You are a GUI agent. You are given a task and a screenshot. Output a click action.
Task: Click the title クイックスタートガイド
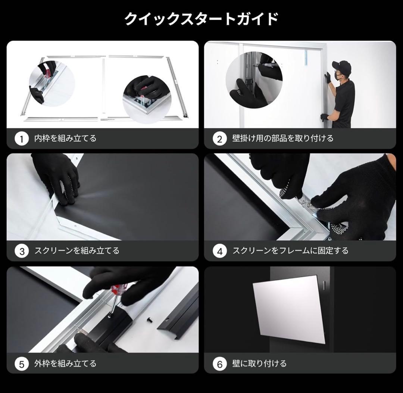coord(201,19)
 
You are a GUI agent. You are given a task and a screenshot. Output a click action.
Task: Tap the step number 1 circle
coord(22,139)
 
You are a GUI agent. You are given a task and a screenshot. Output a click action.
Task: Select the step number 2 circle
coord(219,139)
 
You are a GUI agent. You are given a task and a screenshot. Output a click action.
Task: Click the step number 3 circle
coord(22,251)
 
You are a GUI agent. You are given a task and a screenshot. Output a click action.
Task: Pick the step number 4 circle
coord(219,251)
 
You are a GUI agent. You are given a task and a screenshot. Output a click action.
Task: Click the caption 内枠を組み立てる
coord(65,138)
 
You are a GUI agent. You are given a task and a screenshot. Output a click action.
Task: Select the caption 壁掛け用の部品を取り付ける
coord(282,138)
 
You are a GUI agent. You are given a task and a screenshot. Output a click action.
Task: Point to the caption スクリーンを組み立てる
coord(77,251)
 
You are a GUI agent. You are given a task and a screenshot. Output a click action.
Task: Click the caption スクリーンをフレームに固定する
coord(290,251)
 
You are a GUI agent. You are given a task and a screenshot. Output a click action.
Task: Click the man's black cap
coord(342,66)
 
